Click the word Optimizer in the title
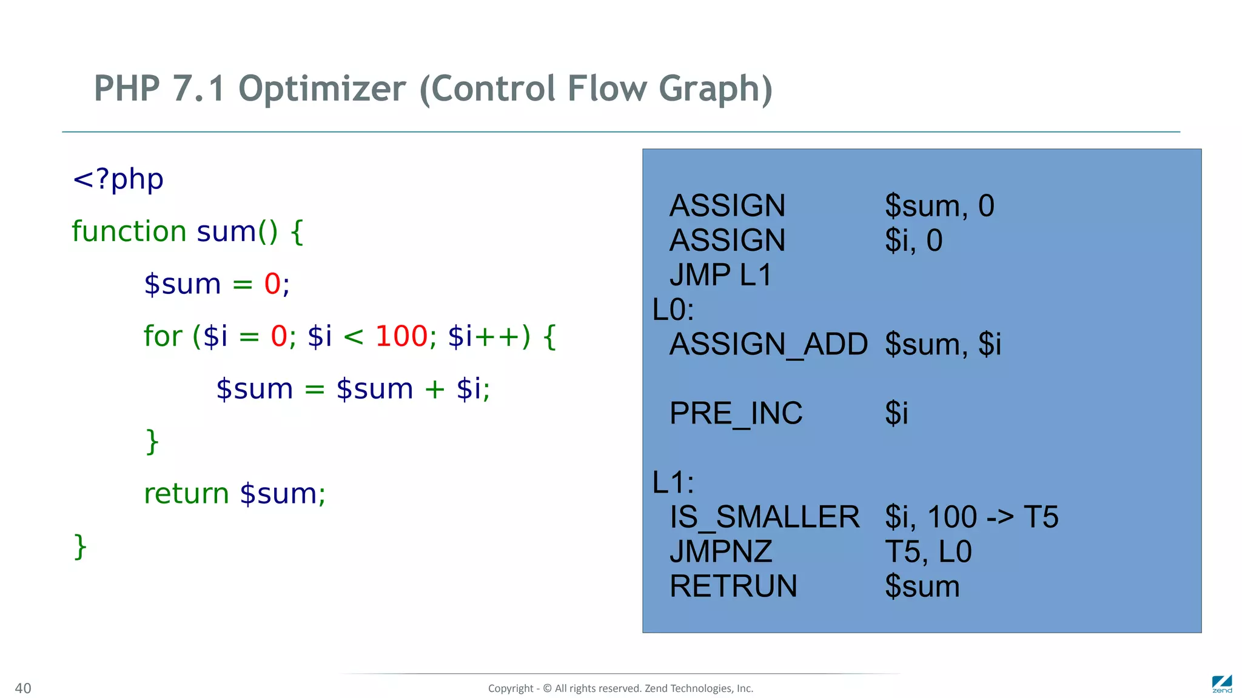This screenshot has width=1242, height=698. (x=322, y=89)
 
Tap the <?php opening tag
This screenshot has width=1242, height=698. (x=118, y=179)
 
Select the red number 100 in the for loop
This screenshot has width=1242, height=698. (x=401, y=336)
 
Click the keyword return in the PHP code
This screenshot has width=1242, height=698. (x=186, y=494)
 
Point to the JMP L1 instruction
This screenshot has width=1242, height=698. (x=720, y=275)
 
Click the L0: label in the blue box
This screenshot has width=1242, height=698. (x=673, y=310)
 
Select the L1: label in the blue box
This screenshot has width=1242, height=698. (x=673, y=483)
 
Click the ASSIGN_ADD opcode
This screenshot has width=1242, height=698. (x=768, y=344)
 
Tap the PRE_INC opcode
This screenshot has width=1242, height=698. (x=736, y=413)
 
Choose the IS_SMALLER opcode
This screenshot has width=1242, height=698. (x=764, y=517)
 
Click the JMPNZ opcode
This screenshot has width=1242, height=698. (x=720, y=552)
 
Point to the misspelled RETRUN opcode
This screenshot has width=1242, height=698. (x=733, y=587)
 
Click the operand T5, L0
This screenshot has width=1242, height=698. (x=928, y=552)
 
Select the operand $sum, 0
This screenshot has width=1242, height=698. (x=939, y=206)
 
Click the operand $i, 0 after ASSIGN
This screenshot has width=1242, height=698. (x=913, y=241)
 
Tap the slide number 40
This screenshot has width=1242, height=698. (x=23, y=688)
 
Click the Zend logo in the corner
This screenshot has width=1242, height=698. (x=1221, y=684)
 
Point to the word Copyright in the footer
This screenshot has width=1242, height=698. (x=510, y=688)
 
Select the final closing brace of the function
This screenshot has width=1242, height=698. (x=80, y=547)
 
